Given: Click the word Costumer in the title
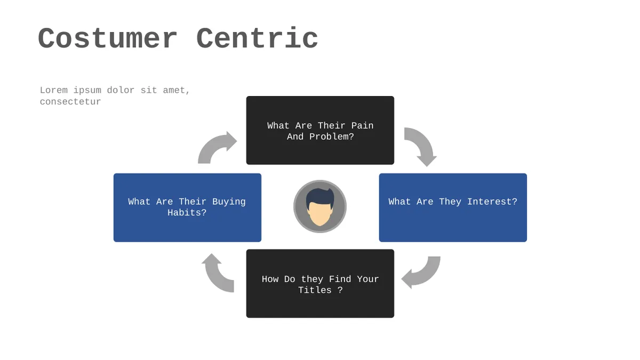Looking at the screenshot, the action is tap(107, 38).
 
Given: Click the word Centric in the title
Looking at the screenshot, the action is tap(257, 38).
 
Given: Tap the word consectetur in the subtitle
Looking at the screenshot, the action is tap(70, 102).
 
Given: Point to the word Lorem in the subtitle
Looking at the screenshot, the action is tap(54, 90).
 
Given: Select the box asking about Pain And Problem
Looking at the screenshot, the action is tap(320, 130).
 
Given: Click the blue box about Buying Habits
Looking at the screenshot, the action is tap(187, 207).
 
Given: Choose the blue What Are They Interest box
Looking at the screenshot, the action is tap(453, 207).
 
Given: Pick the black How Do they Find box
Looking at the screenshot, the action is tap(320, 283).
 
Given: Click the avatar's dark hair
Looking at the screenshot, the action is tap(320, 197).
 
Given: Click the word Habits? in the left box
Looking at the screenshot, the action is tap(187, 213).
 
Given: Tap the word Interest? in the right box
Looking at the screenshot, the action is tap(492, 202).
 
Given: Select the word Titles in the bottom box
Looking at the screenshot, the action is tap(315, 290).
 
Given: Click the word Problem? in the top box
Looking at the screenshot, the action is tap(332, 137).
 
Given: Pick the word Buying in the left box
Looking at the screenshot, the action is tap(229, 202).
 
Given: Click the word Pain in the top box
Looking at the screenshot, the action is tap(362, 126).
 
